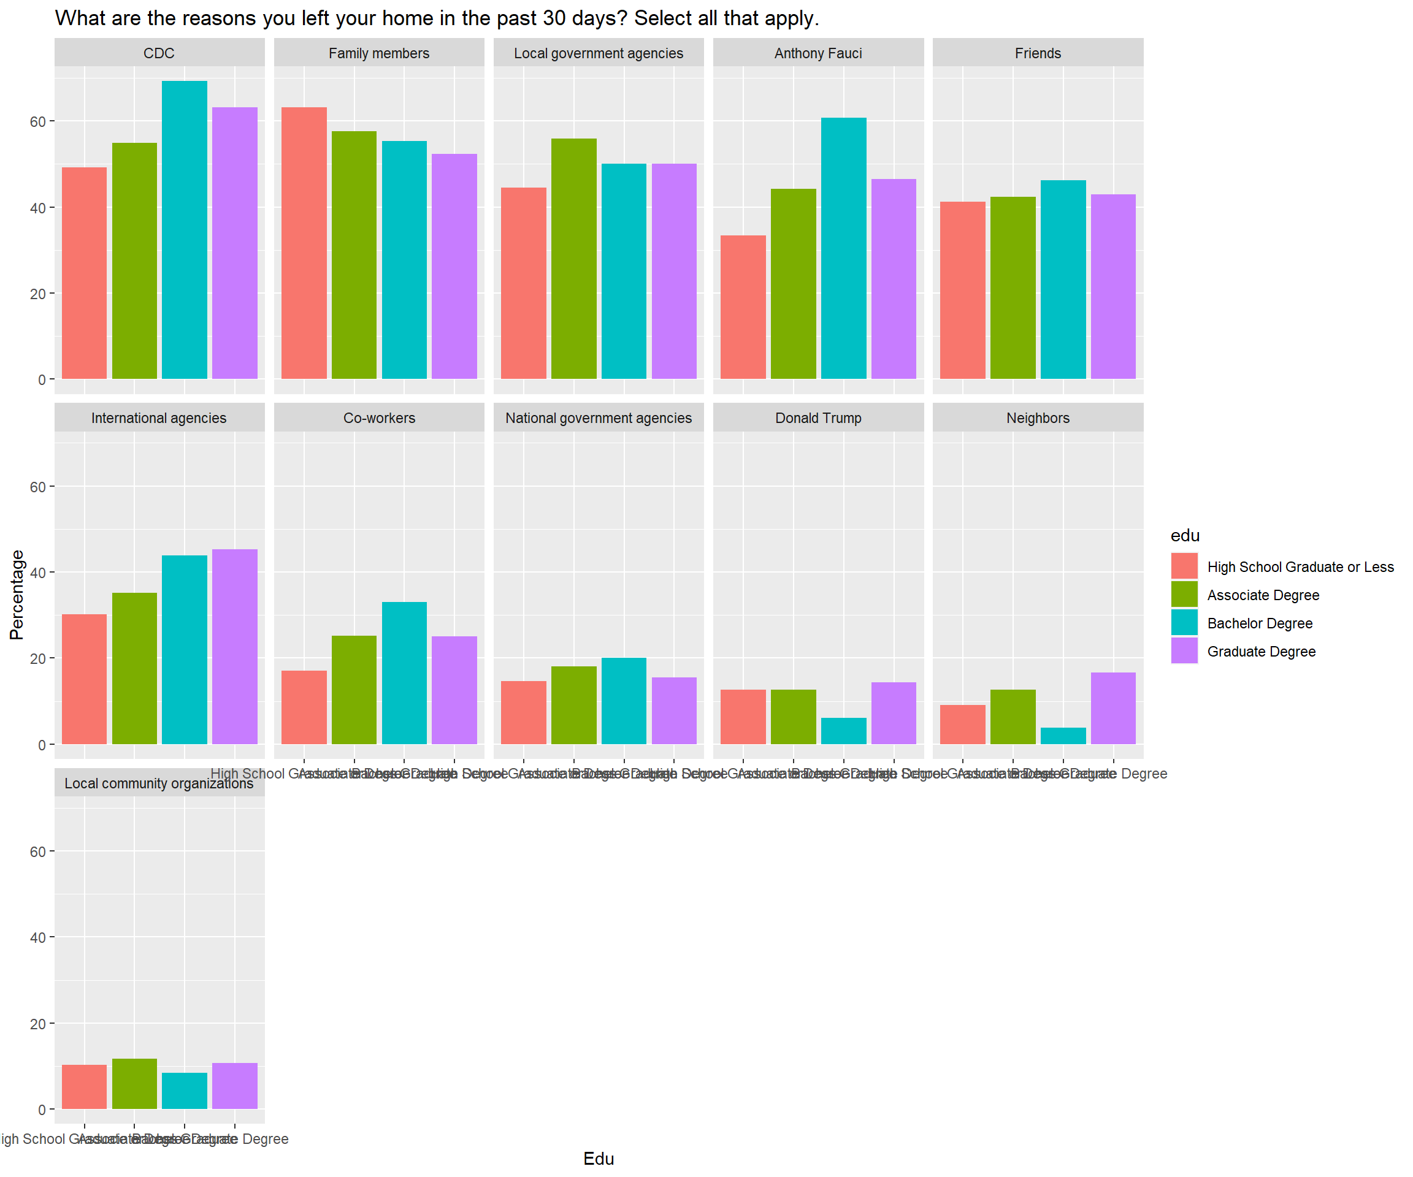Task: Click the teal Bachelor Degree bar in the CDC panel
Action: click(185, 229)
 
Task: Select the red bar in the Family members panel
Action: click(304, 243)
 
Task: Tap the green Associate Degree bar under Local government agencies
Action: click(574, 258)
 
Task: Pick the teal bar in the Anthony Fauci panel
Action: click(844, 248)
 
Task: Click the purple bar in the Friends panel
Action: click(1114, 286)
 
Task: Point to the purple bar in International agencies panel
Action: click(235, 646)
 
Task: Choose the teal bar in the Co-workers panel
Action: click(404, 672)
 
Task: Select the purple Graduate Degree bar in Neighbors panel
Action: click(1114, 707)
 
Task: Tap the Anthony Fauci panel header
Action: click(818, 53)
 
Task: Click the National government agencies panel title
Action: click(599, 417)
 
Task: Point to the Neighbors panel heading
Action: click(1038, 417)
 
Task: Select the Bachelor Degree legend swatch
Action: click(1184, 623)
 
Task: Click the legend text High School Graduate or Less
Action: click(1300, 567)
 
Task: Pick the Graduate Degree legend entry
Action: click(1261, 651)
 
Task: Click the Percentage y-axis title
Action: click(17, 595)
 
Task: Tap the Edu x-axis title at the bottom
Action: click(599, 1158)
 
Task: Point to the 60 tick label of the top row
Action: click(37, 122)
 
